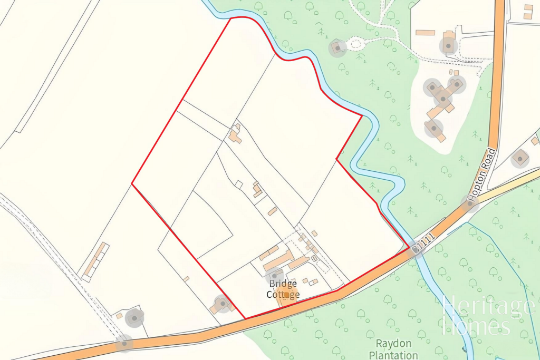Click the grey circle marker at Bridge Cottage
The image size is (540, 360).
[274, 275]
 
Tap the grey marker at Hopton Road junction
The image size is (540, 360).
[469, 203]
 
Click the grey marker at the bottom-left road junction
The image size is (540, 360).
[125, 343]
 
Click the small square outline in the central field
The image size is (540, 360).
[239, 184]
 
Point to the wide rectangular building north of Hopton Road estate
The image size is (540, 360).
[425, 33]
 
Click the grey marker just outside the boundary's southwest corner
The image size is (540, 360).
[222, 303]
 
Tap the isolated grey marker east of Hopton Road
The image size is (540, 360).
[520, 158]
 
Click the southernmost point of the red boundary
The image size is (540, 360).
[245, 318]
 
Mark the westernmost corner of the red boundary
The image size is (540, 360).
[132, 184]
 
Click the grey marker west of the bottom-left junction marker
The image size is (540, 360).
[135, 317]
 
